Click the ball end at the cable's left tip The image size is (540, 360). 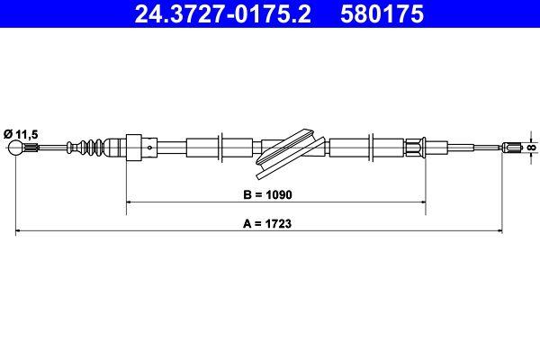click(x=17, y=148)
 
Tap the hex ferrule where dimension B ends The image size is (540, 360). click(x=415, y=148)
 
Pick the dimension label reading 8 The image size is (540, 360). click(x=531, y=148)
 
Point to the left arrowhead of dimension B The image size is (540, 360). click(x=128, y=203)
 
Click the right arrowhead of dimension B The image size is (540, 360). click(x=422, y=203)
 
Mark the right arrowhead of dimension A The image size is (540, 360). click(x=521, y=232)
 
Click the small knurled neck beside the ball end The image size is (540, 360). click(x=32, y=148)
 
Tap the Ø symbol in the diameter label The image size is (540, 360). click(x=8, y=132)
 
